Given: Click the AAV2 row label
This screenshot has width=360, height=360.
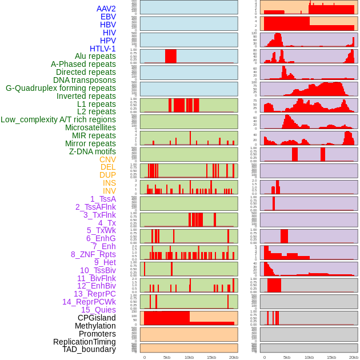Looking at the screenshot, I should [x=106, y=9].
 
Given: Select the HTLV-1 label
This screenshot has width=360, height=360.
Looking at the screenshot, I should [x=103, y=49].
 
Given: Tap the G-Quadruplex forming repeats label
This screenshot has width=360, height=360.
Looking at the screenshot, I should [x=61, y=88].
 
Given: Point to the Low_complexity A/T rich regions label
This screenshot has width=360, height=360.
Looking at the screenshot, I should [x=58, y=119].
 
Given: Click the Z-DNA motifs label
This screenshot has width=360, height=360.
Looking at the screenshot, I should [x=93, y=151].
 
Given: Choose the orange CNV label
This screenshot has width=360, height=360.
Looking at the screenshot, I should [x=107, y=159].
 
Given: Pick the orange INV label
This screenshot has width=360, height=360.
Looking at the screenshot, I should [x=109, y=191].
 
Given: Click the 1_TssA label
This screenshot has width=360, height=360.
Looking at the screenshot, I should [x=103, y=199].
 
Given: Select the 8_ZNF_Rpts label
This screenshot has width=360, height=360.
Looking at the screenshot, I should [x=93, y=254].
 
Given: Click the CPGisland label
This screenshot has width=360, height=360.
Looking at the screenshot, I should [x=97, y=318].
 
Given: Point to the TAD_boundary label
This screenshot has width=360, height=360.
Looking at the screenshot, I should [x=89, y=349].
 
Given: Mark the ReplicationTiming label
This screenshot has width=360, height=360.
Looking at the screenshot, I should [x=85, y=342].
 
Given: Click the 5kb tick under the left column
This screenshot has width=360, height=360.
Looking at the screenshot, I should [x=167, y=357].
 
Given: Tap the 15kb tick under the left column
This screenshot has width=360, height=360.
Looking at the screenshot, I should [x=211, y=357].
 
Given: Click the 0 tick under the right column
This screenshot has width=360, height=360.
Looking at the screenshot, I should [x=264, y=357].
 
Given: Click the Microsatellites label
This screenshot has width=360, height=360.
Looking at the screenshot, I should [x=90, y=127].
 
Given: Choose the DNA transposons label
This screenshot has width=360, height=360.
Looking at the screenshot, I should [x=85, y=80].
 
